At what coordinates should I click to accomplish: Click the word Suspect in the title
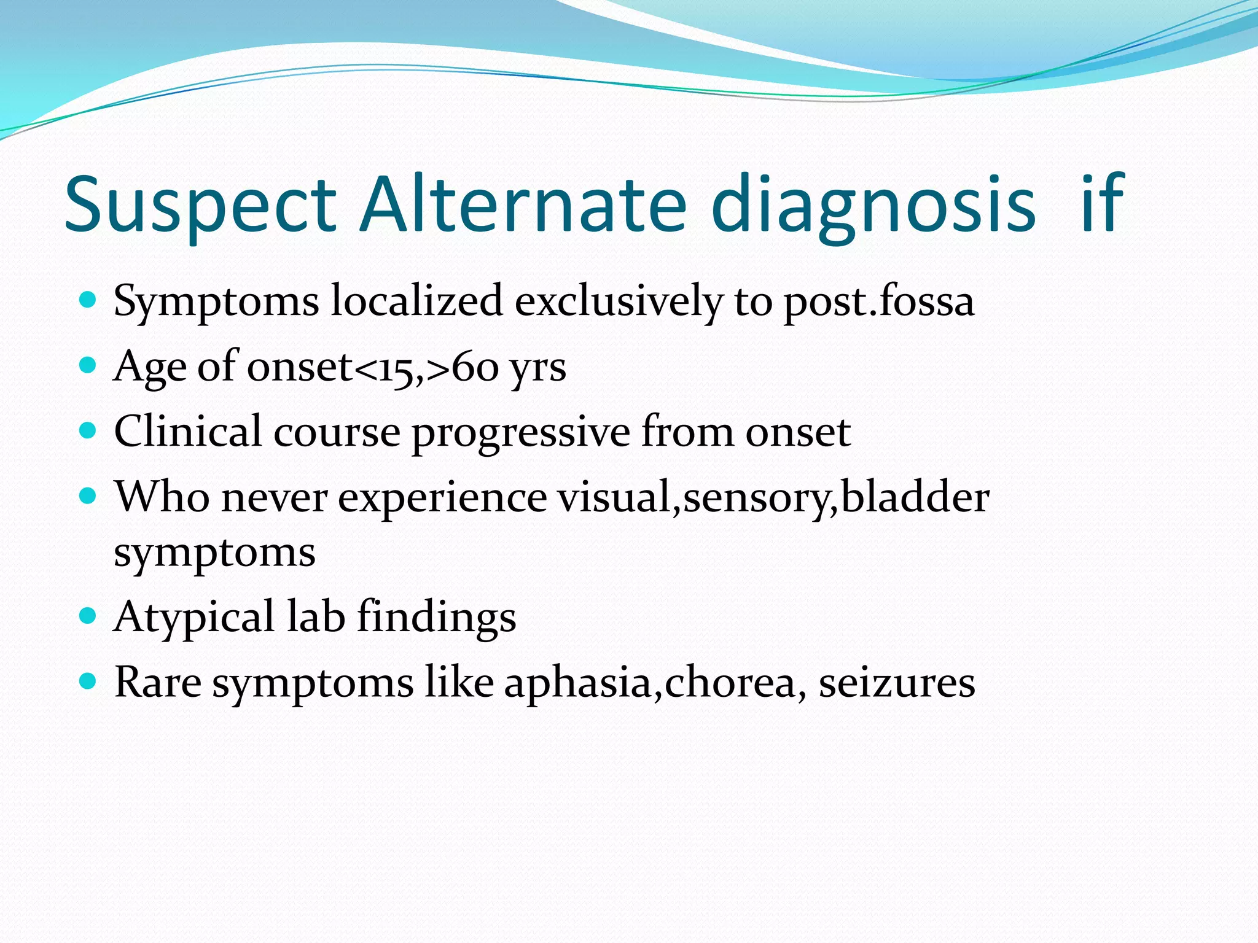click(x=200, y=206)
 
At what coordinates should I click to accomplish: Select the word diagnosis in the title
click(x=873, y=206)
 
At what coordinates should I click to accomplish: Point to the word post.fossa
click(x=879, y=303)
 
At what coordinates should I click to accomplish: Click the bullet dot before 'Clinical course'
click(x=88, y=430)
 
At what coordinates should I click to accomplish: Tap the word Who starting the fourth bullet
click(x=162, y=496)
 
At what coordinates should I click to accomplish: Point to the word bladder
click(x=915, y=496)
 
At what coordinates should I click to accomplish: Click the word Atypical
click(x=194, y=618)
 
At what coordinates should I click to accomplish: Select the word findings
click(x=437, y=618)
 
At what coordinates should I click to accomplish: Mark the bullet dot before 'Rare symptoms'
click(x=88, y=680)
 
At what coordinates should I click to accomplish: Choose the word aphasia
click(x=578, y=683)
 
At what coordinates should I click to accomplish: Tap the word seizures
click(x=896, y=683)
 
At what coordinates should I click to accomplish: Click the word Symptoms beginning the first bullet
click(x=216, y=303)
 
